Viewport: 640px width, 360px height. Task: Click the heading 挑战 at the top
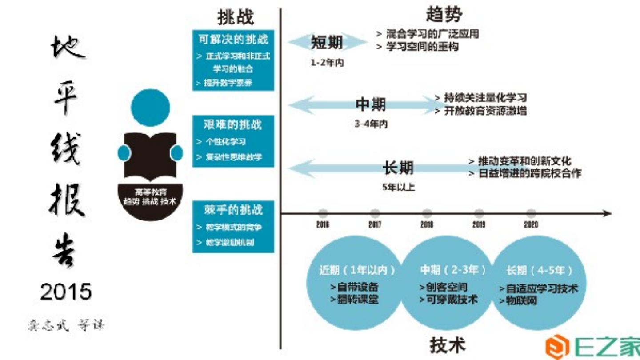tap(236, 17)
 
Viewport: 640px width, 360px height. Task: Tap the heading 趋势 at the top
tap(444, 14)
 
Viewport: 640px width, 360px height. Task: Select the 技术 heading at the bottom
tap(448, 345)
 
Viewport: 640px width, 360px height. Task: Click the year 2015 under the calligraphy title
tap(66, 292)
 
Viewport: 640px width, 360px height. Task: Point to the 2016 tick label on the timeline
tap(323, 225)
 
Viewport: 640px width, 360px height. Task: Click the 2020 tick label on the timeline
tap(531, 225)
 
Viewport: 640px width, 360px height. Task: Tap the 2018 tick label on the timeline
tap(427, 225)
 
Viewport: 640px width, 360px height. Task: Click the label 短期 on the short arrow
tap(327, 43)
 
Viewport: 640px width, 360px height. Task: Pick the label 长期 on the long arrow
tap(398, 168)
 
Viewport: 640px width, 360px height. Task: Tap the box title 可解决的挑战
tap(233, 39)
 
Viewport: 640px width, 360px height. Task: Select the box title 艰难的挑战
tap(233, 125)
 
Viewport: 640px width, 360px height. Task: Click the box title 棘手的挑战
tap(233, 210)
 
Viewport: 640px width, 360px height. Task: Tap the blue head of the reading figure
tap(150, 108)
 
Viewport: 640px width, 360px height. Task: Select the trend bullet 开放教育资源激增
tap(484, 111)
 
